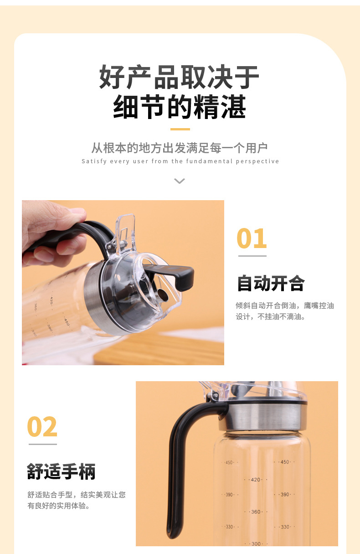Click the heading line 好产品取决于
coord(179,77)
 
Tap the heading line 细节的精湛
coord(179,108)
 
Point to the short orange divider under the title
coord(180,129)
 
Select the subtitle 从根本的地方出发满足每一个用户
coord(180,148)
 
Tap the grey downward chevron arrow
coord(180,181)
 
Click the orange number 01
coord(252,238)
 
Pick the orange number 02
coord(42,427)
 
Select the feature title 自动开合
coord(270,283)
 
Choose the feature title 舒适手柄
coord(62,471)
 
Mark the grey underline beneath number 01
coord(252,256)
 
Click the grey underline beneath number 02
coord(43,444)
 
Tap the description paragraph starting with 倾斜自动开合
coord(285,311)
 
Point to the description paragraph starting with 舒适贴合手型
coord(76,500)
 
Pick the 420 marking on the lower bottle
coord(255,480)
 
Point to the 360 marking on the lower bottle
coord(256,512)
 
